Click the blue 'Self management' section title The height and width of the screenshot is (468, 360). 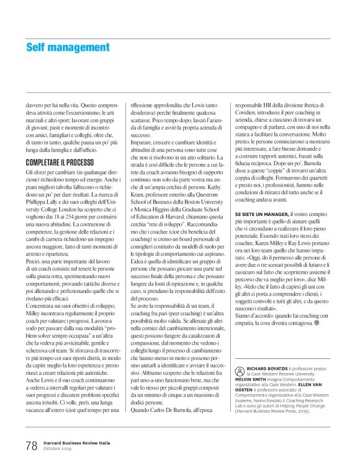click(68, 47)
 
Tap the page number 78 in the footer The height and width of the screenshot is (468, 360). click(31, 445)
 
